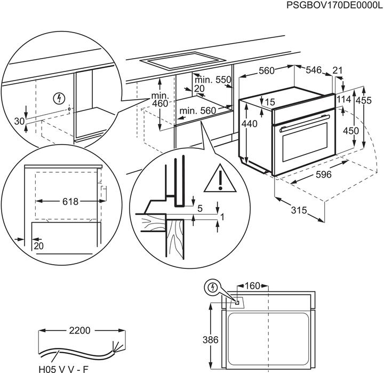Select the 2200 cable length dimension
point(80,331)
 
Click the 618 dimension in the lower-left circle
point(70,201)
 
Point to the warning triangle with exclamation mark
point(219,179)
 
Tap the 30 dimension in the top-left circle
point(19,121)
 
